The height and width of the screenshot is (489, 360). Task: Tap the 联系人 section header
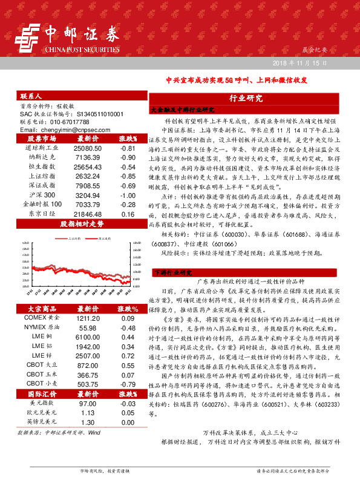pyautogui.click(x=31, y=96)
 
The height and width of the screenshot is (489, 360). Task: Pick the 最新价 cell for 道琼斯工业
pyautogui.click(x=88, y=148)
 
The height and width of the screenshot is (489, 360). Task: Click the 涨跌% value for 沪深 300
pyautogui.click(x=127, y=195)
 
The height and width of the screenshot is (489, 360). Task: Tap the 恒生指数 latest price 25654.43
pyautogui.click(x=88, y=167)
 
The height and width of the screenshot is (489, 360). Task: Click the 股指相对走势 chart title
pyautogui.click(x=82, y=224)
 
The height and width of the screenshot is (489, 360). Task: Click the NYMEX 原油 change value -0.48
pyautogui.click(x=127, y=327)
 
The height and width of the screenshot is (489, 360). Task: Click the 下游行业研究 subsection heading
pyautogui.click(x=171, y=273)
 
